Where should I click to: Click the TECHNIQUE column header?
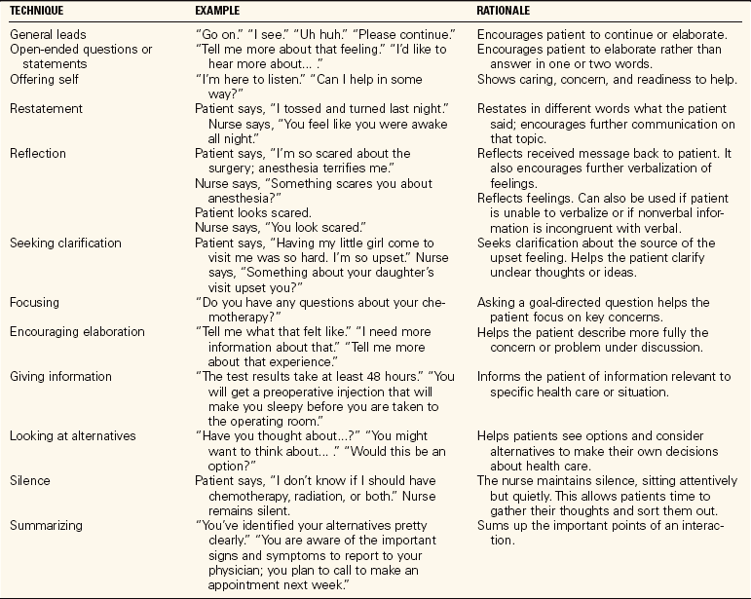coord(38,12)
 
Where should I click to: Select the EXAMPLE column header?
coord(221,12)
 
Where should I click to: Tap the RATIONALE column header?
coord(508,12)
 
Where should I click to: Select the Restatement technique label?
coord(46,109)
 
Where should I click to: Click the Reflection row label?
coord(40,154)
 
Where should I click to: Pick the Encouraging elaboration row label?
coord(75,331)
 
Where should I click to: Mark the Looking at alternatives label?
coord(72,436)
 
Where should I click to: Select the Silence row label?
coord(30,481)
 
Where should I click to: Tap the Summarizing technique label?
coord(48,526)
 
